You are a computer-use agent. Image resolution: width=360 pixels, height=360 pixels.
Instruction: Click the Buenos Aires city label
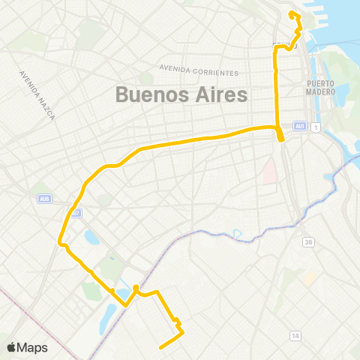click(181, 95)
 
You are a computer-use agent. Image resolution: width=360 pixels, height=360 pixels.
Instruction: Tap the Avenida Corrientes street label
click(199, 71)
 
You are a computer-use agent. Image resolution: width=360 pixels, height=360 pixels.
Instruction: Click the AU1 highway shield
click(300, 125)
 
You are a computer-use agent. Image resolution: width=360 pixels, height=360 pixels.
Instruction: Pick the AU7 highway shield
click(76, 213)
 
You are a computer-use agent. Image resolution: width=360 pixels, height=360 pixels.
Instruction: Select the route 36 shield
click(308, 242)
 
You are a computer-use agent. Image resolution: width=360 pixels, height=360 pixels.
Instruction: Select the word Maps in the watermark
click(33, 347)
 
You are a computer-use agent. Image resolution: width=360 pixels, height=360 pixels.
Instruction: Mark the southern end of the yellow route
click(160, 346)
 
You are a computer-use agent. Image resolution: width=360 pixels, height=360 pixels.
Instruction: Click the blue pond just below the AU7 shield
click(91, 239)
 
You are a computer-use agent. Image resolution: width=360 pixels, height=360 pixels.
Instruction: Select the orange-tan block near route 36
click(308, 277)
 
